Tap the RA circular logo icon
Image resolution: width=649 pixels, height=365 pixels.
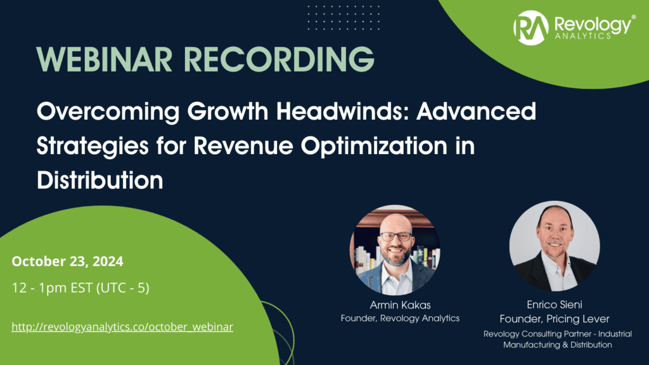point(531,27)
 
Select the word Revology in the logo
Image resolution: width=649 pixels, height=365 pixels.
point(592,24)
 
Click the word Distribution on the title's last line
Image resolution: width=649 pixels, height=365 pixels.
point(100,180)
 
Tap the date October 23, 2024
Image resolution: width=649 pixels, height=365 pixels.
point(68,261)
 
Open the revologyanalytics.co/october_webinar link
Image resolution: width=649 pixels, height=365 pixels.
point(122,327)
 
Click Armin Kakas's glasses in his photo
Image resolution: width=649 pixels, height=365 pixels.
point(396,236)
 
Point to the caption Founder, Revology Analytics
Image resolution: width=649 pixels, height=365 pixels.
point(400,318)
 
